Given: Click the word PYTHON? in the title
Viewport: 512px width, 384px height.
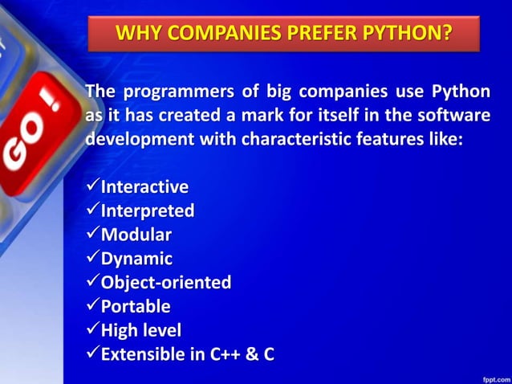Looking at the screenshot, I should coord(405,34).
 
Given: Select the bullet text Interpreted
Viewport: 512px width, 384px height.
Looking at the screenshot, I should coord(147,211).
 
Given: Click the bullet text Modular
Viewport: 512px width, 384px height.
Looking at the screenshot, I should coord(136,235).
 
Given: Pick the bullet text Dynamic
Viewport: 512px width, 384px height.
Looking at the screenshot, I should coord(136,259).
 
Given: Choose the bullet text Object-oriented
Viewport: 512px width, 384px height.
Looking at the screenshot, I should coord(165,283).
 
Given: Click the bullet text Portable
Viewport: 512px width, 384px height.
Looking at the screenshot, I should coord(135,306).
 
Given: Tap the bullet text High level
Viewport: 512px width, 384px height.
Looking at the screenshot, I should coord(140,330).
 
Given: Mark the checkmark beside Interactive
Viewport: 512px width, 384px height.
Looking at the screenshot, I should coord(91,187).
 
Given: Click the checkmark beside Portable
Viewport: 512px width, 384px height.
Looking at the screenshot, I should coord(91,306).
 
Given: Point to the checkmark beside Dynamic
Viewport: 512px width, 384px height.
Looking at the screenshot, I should coord(91,259).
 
